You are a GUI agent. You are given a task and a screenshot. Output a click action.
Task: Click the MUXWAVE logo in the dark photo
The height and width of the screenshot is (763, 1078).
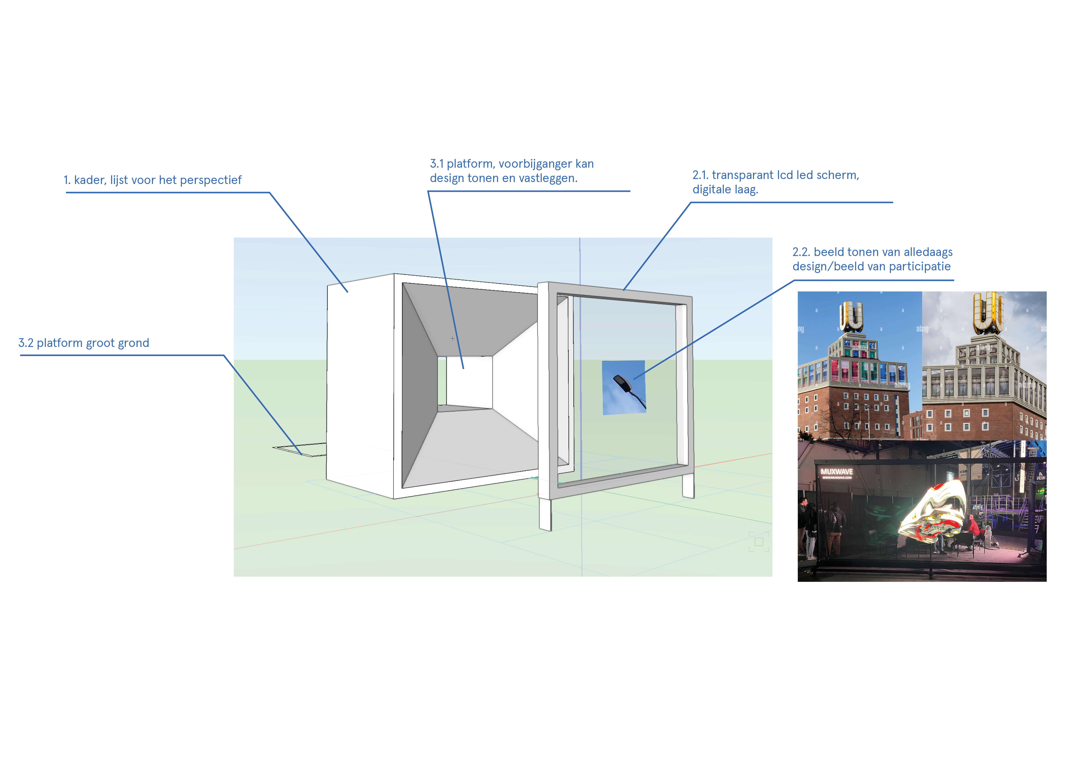pos(837,472)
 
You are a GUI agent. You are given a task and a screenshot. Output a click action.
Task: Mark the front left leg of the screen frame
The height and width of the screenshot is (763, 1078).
pos(545,514)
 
